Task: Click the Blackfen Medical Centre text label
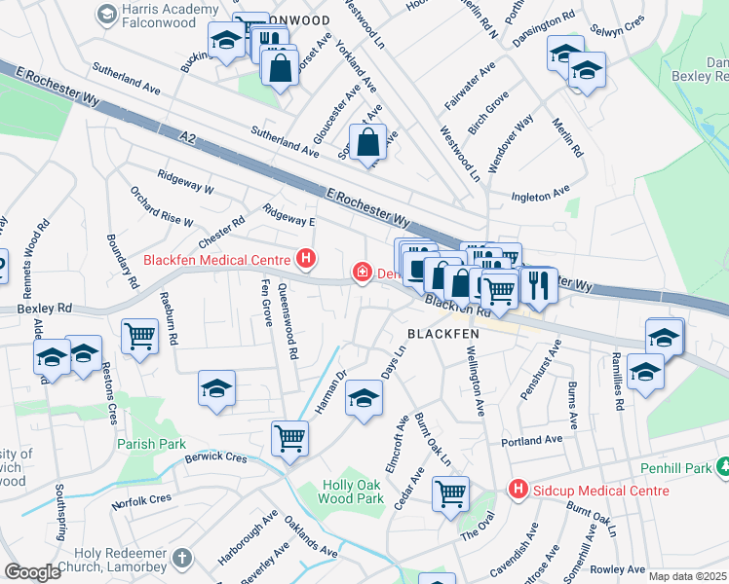[217, 260]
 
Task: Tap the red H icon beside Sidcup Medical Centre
[518, 489]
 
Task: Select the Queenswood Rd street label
[287, 321]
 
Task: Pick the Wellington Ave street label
[477, 374]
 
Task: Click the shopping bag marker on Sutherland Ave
[370, 143]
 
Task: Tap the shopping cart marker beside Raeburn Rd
[140, 337]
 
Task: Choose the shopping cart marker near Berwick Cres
[289, 438]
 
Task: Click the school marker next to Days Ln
[364, 399]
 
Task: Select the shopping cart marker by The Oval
[450, 493]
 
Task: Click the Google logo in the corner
[32, 572]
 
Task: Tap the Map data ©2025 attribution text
[687, 576]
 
